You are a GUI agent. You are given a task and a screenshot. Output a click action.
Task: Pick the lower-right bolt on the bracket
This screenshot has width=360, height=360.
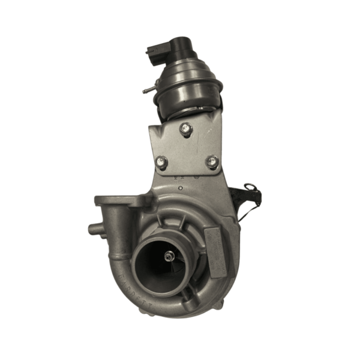[x=212, y=161]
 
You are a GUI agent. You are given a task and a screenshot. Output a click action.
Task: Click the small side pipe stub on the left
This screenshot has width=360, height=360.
[x=93, y=229]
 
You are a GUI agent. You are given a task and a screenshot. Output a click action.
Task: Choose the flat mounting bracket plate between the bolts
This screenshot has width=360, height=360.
[x=186, y=150]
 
